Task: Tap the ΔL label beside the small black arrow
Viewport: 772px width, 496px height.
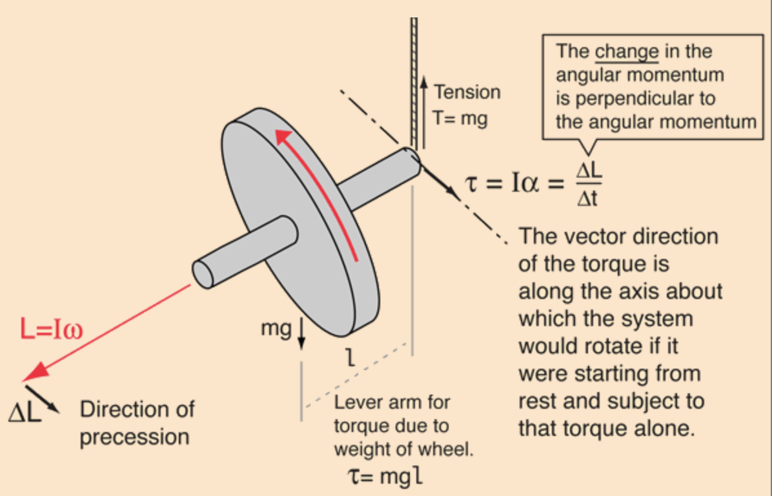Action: tap(25, 412)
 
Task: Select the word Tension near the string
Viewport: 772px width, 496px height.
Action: tap(467, 92)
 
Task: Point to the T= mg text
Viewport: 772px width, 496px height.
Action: tap(460, 119)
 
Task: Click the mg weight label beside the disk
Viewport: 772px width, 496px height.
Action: tap(276, 328)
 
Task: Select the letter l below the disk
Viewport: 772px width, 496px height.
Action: tap(350, 357)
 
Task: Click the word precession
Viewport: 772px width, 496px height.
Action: tap(134, 437)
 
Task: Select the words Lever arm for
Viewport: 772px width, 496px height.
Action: tap(392, 403)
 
